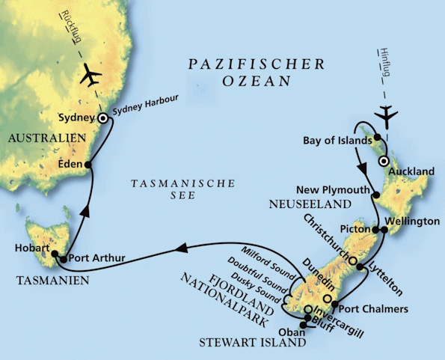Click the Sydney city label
tap(76, 118)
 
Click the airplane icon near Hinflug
tap(387, 114)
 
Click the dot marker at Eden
tap(88, 165)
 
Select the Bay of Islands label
tap(337, 140)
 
